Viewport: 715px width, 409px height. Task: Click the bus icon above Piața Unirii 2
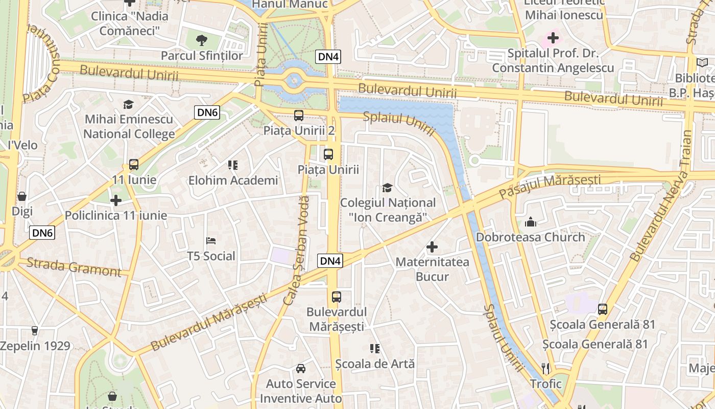coord(299,116)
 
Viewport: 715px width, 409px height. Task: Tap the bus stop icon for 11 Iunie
coord(134,165)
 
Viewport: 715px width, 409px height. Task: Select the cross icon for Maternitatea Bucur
coord(432,247)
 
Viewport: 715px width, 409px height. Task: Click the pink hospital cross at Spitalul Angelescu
coord(553,38)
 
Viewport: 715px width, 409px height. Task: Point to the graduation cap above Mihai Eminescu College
coord(128,105)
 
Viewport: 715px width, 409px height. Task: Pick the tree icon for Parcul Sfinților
coord(202,40)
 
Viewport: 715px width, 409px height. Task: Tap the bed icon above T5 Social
coord(211,241)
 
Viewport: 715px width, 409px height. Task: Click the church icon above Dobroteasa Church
coord(531,222)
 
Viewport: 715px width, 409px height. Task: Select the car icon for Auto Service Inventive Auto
coord(301,369)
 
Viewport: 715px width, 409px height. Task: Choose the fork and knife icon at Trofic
coord(545,368)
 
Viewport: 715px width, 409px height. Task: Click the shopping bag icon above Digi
coord(22,196)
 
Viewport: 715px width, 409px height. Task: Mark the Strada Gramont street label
coord(74,267)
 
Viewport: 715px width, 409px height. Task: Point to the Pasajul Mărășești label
coord(550,186)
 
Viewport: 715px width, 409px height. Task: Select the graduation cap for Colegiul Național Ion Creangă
coord(388,188)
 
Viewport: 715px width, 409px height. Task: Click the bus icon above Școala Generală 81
coord(603,309)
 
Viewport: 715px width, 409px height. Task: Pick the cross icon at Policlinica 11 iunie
coord(116,200)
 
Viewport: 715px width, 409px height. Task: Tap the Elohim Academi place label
coord(233,180)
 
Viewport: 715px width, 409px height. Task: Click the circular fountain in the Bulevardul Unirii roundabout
coord(294,81)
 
